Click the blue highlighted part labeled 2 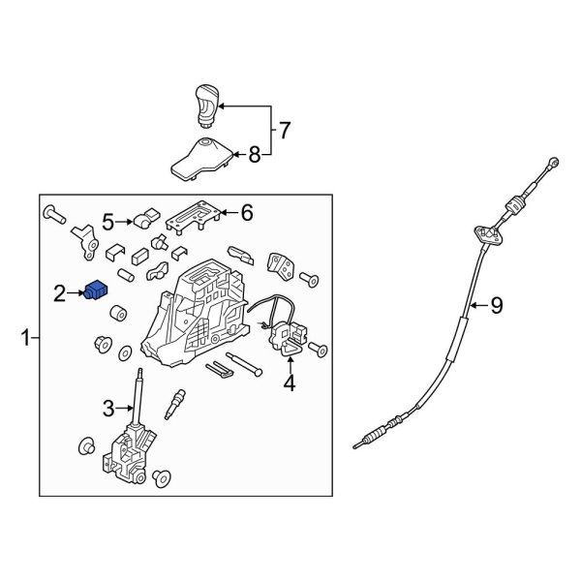[x=96, y=290]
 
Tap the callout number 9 [x=497, y=306]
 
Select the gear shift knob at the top [x=207, y=107]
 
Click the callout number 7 [x=284, y=130]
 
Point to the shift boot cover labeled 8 [x=202, y=159]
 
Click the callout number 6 [x=247, y=213]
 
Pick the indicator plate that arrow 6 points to [x=194, y=218]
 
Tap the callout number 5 [x=107, y=223]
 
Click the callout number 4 [x=290, y=382]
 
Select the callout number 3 [x=108, y=408]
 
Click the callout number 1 [x=25, y=338]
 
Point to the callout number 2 [x=59, y=293]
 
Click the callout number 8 [x=255, y=155]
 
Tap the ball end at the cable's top [x=554, y=162]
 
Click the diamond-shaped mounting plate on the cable [x=490, y=234]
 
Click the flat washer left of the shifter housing [x=125, y=352]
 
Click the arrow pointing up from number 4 [x=290, y=363]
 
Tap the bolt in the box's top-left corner [x=54, y=215]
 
